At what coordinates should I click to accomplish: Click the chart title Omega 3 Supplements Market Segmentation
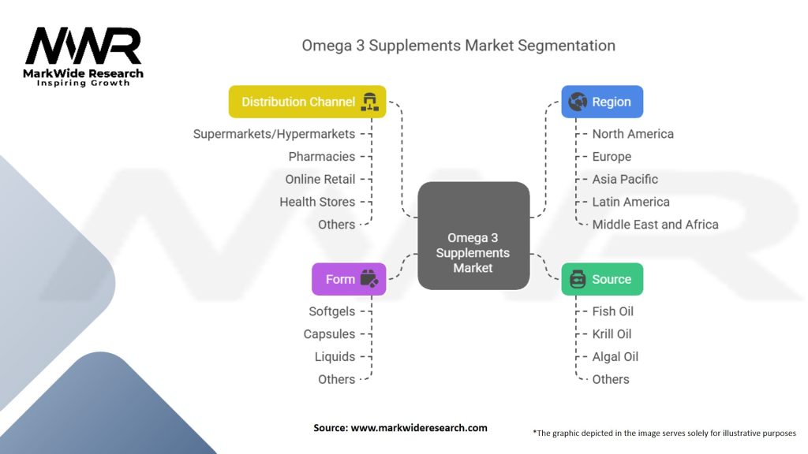458,45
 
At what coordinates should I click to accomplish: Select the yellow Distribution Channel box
307,102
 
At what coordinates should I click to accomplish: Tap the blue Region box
602,102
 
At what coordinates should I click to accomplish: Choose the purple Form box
349,279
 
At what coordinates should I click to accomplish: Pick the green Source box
602,279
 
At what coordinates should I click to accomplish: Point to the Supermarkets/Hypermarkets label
274,134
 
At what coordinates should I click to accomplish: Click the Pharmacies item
321,157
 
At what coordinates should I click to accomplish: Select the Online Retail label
320,179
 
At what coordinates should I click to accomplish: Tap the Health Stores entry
317,202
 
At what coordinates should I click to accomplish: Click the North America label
633,134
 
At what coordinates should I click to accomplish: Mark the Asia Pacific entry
625,179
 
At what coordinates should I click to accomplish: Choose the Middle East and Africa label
655,225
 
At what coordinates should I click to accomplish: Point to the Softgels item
331,311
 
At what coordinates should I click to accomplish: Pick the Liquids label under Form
335,356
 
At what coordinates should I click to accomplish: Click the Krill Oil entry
612,334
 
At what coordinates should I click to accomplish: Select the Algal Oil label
615,356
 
